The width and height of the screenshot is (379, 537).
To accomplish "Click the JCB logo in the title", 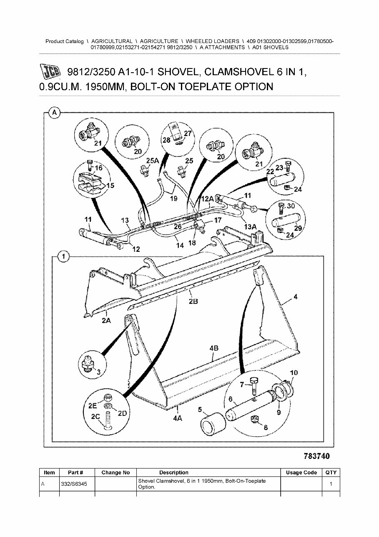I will pos(51,72).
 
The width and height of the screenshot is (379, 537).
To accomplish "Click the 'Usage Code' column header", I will pos(301,473).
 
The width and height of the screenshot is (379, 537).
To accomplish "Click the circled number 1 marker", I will pos(63,257).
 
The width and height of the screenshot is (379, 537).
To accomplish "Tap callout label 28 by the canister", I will pos(166,140).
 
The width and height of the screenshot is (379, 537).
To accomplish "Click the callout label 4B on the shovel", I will pos(214,347).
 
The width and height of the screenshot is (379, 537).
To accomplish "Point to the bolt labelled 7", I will pos(255,384).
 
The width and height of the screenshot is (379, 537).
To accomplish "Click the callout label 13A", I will pos(250,227).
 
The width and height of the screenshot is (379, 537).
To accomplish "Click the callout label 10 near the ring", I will pos(294,372).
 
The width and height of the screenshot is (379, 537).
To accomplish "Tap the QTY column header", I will pos(331,473).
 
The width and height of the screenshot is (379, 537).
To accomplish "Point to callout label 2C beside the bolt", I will pos(95,416).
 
